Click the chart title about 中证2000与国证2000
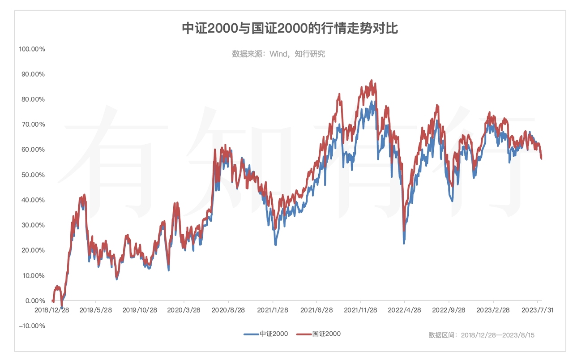(290, 29)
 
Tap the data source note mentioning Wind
(278, 54)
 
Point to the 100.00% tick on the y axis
(32, 49)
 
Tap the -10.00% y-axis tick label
(32, 326)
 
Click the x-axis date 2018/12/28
(51, 310)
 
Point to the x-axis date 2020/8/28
(228, 310)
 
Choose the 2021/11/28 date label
(360, 310)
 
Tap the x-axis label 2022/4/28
(404, 310)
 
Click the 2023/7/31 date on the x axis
(537, 310)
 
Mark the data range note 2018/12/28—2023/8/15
(481, 335)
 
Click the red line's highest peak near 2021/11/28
(372, 81)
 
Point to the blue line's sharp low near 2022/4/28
(404, 243)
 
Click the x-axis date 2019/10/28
(140, 310)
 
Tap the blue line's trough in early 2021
(276, 245)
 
